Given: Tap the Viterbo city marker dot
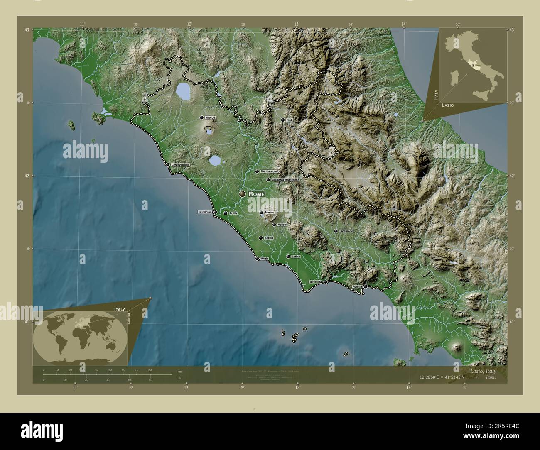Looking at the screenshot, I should (x=201, y=118).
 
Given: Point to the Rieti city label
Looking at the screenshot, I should (x=290, y=120).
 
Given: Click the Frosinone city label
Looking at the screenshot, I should (x=346, y=231).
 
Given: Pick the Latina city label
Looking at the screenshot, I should (x=296, y=257).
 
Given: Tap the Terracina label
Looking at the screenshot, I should (x=315, y=282).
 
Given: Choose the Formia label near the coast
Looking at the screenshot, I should (x=357, y=286).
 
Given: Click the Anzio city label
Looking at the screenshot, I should (x=265, y=259).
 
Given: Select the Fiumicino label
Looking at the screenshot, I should (x=205, y=212).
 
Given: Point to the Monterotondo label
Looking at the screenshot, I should (x=270, y=171).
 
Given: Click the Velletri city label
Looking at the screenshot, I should (x=282, y=225).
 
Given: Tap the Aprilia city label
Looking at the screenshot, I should (x=269, y=238).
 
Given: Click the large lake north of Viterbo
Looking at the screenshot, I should (x=183, y=92).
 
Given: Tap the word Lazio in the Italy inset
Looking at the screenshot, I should (x=447, y=105).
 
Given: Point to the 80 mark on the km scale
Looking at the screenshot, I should (x=150, y=369).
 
